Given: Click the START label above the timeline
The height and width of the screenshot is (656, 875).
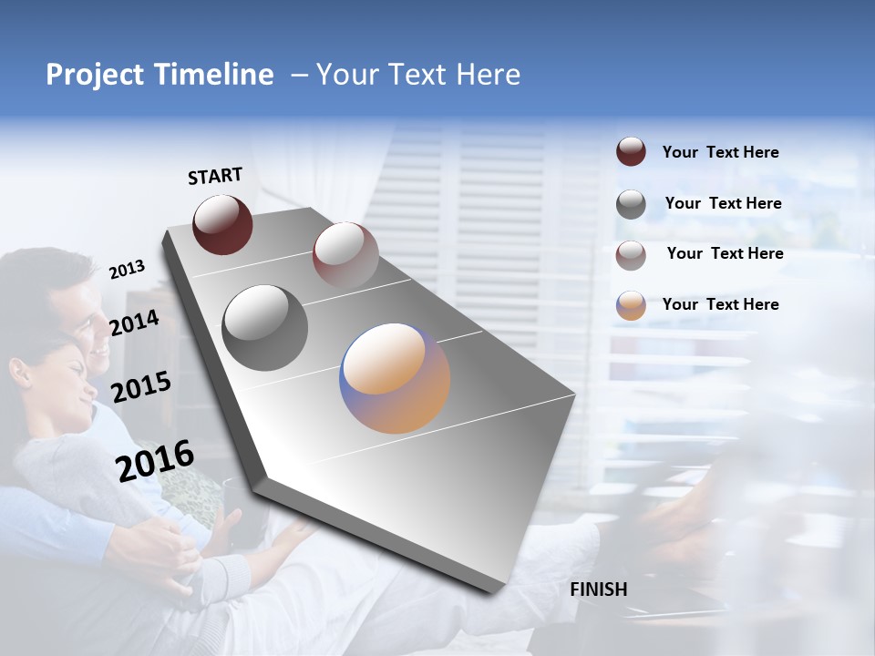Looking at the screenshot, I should [x=215, y=176].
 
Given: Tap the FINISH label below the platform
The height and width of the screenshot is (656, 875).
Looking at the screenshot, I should [x=599, y=589].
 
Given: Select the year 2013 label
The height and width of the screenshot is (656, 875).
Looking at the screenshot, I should [x=127, y=270].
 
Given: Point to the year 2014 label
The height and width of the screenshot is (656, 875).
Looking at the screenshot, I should [x=135, y=323].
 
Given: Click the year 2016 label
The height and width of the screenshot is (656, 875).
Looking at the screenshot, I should [x=155, y=461].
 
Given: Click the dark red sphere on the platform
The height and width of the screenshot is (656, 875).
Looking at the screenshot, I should [x=222, y=224].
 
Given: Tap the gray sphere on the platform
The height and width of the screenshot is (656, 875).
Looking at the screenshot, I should [x=264, y=327].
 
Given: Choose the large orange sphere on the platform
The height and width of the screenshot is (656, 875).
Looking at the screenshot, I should [x=395, y=378].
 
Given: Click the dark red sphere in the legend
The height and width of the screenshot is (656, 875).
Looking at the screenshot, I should [x=631, y=152].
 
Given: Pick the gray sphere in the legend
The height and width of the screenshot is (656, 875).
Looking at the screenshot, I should [x=631, y=204].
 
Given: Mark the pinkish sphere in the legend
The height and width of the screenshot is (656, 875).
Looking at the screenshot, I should [x=631, y=255].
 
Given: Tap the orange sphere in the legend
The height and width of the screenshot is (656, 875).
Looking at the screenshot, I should [x=631, y=305].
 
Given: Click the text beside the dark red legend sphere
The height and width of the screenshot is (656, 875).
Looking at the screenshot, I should [x=720, y=153].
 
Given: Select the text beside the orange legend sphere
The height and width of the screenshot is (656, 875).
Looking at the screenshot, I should [x=720, y=304].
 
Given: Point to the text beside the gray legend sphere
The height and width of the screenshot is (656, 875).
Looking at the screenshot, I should [x=723, y=203].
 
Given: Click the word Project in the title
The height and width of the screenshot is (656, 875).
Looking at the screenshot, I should [x=95, y=75].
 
